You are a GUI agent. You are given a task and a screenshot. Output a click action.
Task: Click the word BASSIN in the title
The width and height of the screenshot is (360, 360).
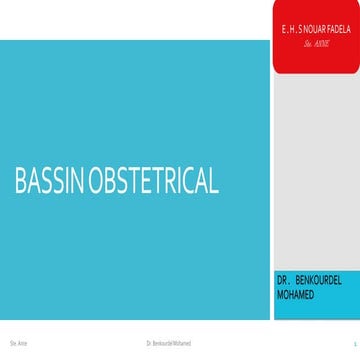coord(50,181)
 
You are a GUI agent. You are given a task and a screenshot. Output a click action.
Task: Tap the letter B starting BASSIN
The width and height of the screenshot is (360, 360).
coord(19,181)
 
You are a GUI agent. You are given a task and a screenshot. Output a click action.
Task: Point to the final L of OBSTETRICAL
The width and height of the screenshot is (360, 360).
coord(213,181)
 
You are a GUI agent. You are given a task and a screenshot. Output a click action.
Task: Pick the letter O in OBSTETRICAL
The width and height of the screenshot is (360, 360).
coord(97,181)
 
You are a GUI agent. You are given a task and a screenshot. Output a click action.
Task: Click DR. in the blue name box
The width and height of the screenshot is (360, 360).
coord(284,271)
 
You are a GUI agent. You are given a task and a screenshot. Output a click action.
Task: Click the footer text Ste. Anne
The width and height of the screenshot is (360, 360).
coord(17,343)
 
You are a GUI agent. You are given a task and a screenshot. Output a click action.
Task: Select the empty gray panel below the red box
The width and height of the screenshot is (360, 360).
coord(315,170)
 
